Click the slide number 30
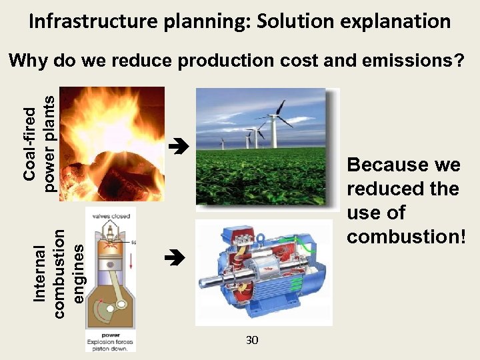pos(251,341)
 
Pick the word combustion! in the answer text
pos(406,237)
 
